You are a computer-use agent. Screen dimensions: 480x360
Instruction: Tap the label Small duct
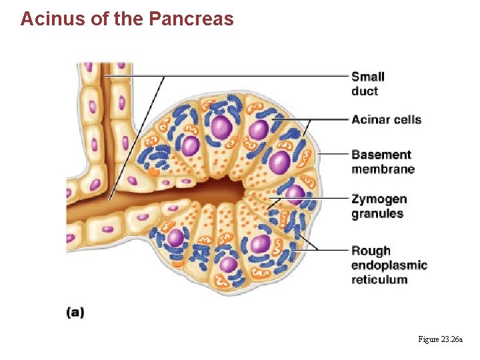[x=368, y=84]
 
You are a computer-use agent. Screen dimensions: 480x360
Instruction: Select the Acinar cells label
[x=387, y=119]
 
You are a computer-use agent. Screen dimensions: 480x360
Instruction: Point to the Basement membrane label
[x=383, y=162]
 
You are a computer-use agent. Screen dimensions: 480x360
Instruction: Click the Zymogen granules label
[x=379, y=206]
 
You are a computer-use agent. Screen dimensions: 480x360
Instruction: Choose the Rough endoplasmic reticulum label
[x=389, y=265]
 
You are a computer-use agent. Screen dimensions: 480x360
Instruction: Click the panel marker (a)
[x=75, y=311]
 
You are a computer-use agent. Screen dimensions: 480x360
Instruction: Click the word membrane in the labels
[x=383, y=169]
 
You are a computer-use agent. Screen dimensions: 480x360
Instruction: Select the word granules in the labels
[x=377, y=213]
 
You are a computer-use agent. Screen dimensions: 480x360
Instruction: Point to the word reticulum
[x=379, y=279]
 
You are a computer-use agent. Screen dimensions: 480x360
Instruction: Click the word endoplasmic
[x=389, y=265]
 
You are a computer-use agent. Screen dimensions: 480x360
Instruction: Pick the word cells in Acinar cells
[x=407, y=119]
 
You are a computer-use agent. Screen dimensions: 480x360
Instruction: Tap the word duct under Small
[x=365, y=91]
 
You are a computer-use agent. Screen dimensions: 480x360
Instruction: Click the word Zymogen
[x=379, y=199]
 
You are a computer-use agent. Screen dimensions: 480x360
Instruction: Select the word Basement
[x=381, y=155]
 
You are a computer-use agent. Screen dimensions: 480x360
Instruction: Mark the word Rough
[x=371, y=251]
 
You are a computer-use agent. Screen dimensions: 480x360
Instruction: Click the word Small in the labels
[x=368, y=77]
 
